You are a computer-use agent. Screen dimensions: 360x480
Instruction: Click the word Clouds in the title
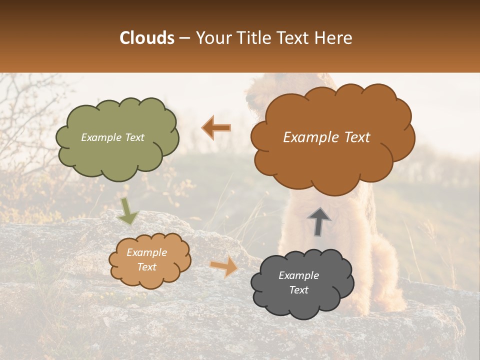[147, 38]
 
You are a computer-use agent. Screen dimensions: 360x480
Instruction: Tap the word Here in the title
[334, 38]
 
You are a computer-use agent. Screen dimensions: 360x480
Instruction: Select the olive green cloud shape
[117, 160]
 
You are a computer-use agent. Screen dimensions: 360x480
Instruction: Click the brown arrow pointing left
[216, 128]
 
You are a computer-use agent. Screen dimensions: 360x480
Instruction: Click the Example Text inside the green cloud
[112, 137]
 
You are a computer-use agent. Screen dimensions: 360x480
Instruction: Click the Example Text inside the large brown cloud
[326, 137]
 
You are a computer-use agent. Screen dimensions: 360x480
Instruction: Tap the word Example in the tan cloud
[146, 252]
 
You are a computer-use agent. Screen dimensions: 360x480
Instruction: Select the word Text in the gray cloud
[298, 290]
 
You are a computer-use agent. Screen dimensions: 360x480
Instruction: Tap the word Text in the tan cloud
[146, 267]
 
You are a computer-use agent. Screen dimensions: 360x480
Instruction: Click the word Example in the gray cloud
[298, 275]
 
